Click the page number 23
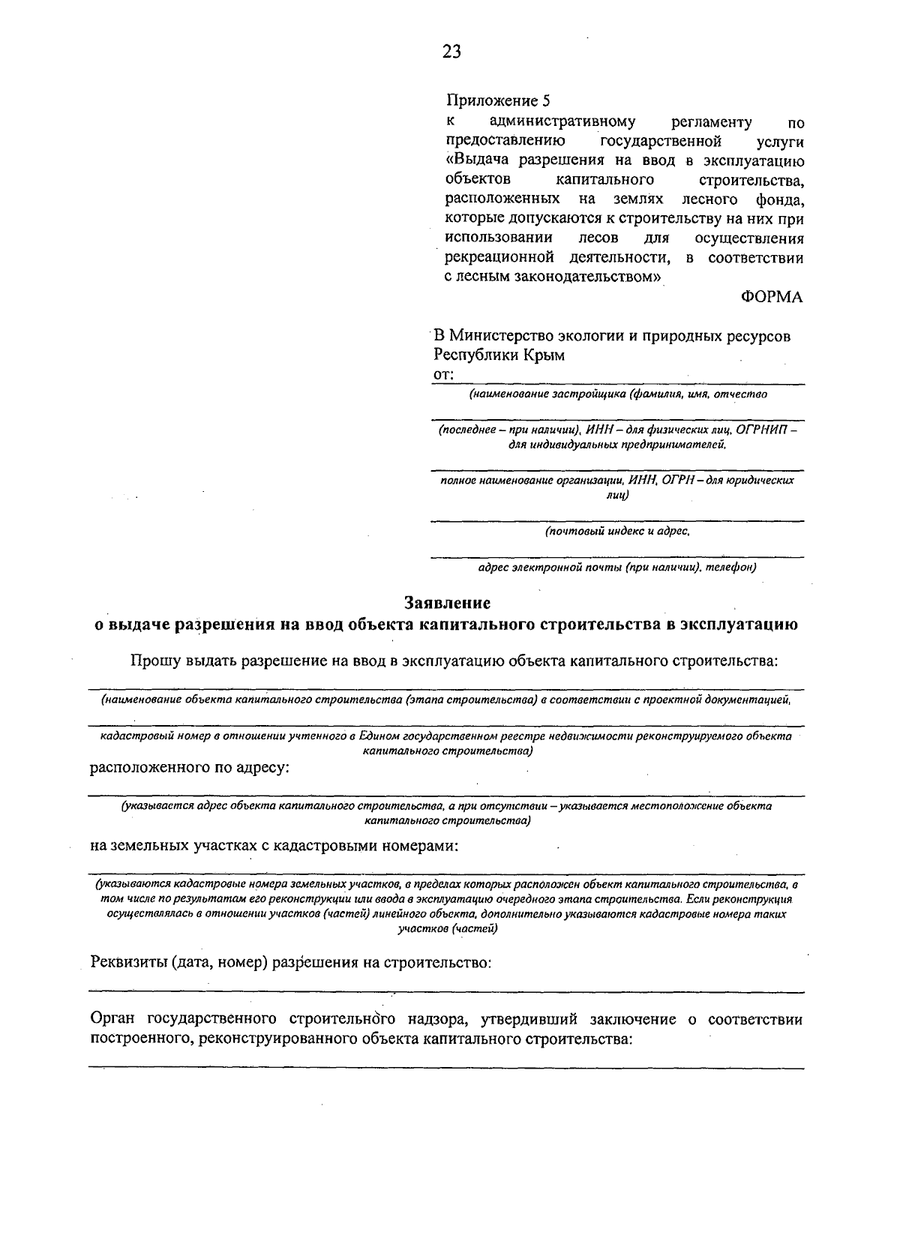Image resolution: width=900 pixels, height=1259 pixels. (x=451, y=51)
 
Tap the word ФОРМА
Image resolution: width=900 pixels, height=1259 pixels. (x=772, y=297)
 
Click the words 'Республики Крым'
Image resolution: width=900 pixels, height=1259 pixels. (x=499, y=355)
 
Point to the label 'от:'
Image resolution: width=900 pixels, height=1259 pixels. (x=443, y=374)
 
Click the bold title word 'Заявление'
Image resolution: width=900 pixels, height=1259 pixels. (x=447, y=602)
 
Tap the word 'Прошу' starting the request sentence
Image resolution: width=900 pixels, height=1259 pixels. (x=154, y=661)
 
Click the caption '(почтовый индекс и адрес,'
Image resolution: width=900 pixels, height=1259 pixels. (x=616, y=531)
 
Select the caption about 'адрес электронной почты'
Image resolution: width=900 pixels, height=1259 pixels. (x=616, y=567)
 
